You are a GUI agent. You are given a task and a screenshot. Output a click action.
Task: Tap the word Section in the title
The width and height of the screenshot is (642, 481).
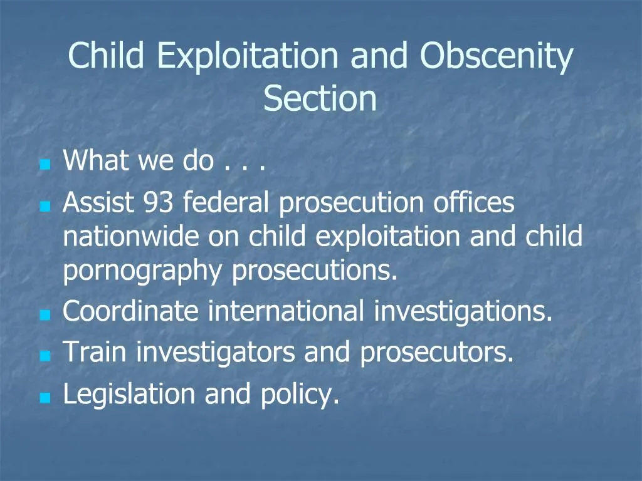click(320, 99)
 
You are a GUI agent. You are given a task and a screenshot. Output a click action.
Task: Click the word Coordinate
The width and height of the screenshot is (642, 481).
click(131, 311)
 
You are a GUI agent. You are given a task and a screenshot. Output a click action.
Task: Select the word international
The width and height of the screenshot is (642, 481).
click(286, 311)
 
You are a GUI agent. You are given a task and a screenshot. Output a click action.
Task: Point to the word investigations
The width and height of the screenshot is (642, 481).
click(463, 311)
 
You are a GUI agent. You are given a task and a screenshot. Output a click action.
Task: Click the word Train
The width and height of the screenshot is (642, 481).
click(96, 353)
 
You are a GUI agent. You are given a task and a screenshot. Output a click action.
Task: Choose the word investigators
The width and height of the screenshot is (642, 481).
click(216, 353)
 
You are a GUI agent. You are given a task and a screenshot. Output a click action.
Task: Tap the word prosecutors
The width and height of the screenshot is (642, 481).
click(436, 353)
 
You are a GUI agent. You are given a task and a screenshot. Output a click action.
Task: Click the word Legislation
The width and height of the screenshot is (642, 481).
click(129, 394)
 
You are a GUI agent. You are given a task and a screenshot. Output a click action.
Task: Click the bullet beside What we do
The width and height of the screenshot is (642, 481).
click(44, 166)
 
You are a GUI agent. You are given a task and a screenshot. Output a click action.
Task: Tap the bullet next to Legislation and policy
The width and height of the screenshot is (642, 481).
click(44, 398)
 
